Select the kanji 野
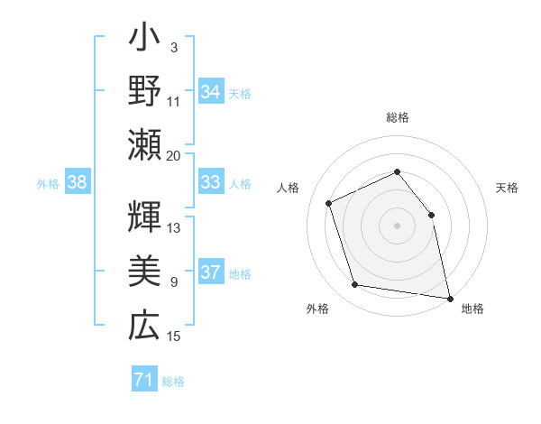[x=144, y=91]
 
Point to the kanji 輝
[x=144, y=218]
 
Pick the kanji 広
[x=144, y=324]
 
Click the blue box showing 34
[x=211, y=92]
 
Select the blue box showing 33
[x=211, y=183]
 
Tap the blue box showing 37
[x=211, y=273]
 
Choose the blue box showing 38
[x=78, y=183]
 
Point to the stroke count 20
[x=174, y=155]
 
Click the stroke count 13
[x=174, y=227]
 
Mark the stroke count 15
[x=174, y=336]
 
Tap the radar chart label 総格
[x=398, y=117]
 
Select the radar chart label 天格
[x=507, y=188]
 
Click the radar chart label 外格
[x=317, y=309]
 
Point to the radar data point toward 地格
[x=449, y=297]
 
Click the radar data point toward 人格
[x=329, y=203]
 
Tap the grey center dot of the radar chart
[x=397, y=225]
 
